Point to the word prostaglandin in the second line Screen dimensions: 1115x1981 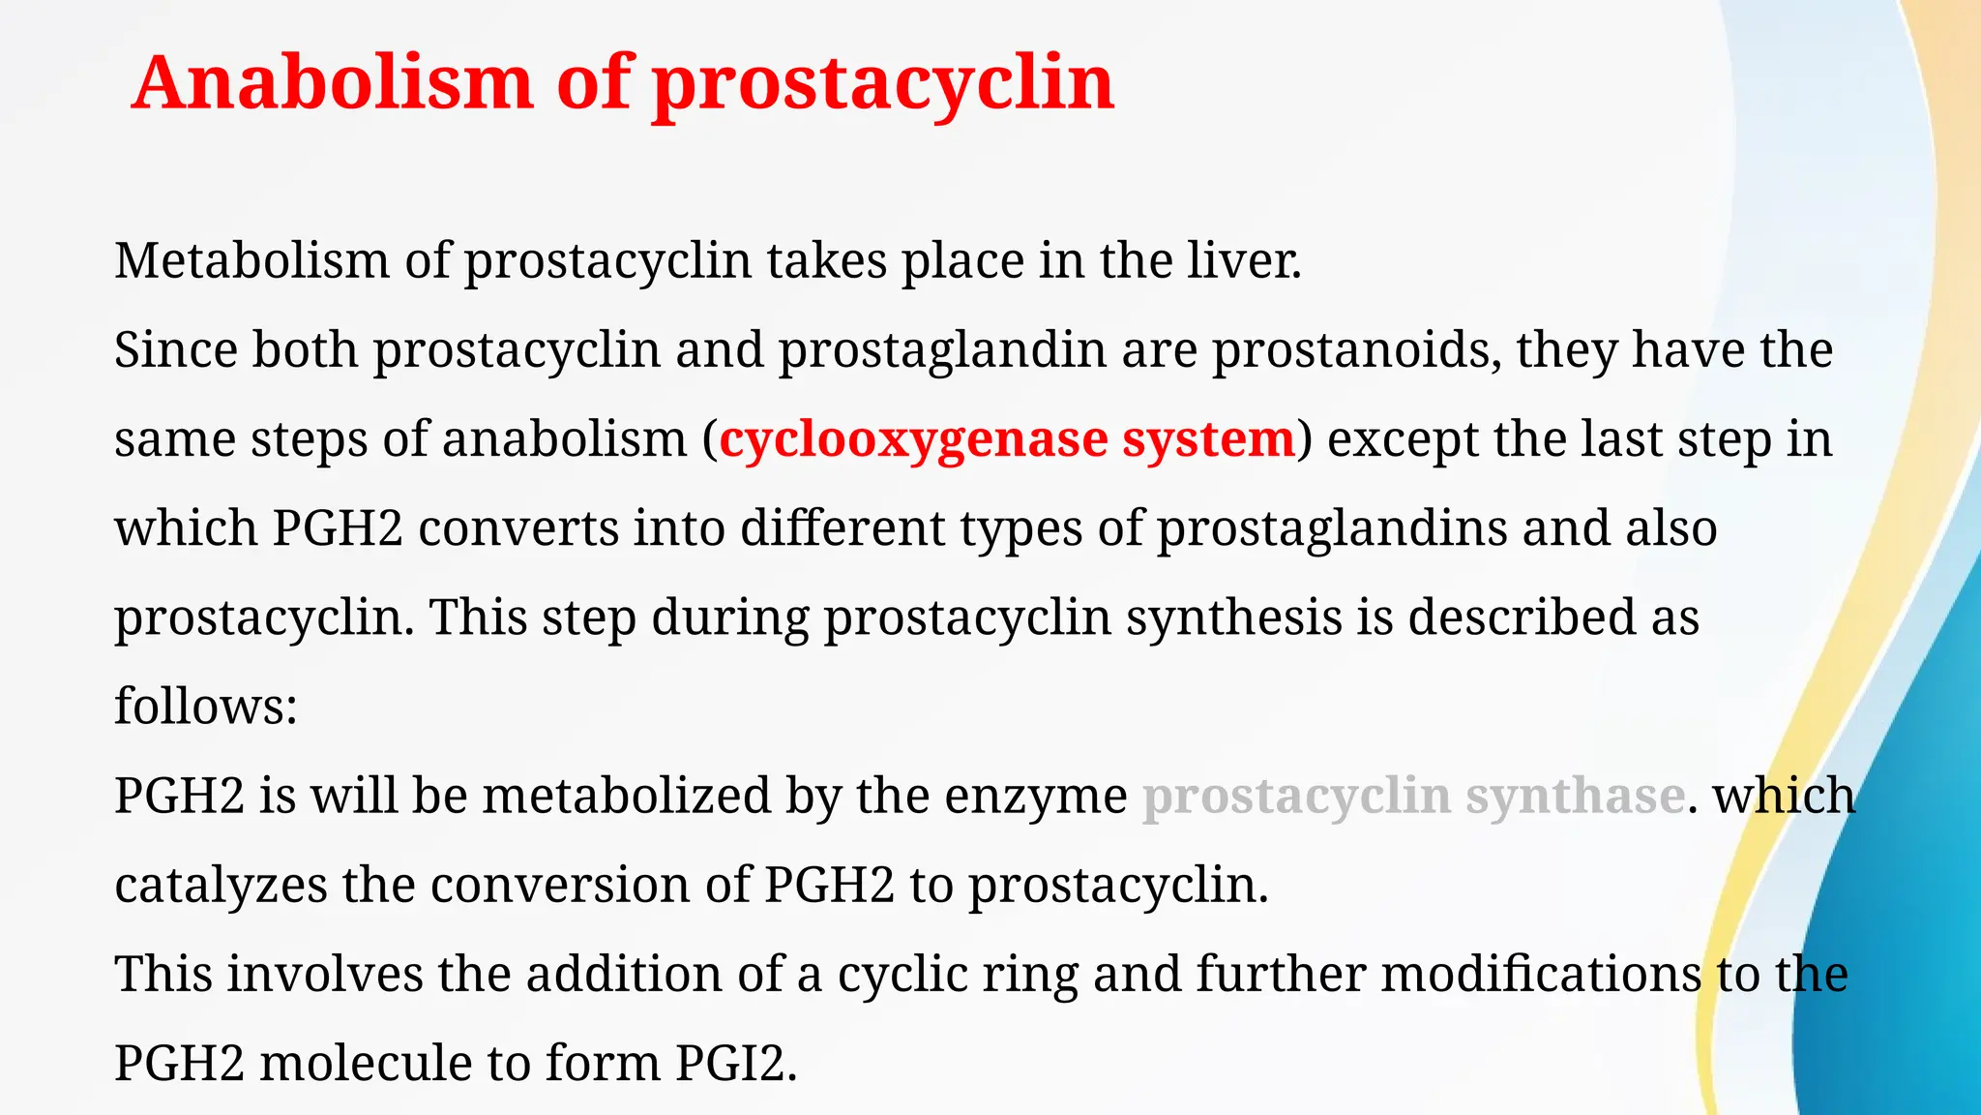942,349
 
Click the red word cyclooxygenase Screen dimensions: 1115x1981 913,439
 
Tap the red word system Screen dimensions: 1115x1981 1208,439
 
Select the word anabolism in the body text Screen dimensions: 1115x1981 564,439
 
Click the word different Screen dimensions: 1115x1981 843,528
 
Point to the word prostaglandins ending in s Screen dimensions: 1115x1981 1331,528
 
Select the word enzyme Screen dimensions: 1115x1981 1035,797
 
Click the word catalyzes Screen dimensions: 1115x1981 221,885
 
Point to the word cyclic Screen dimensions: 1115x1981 902,974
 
